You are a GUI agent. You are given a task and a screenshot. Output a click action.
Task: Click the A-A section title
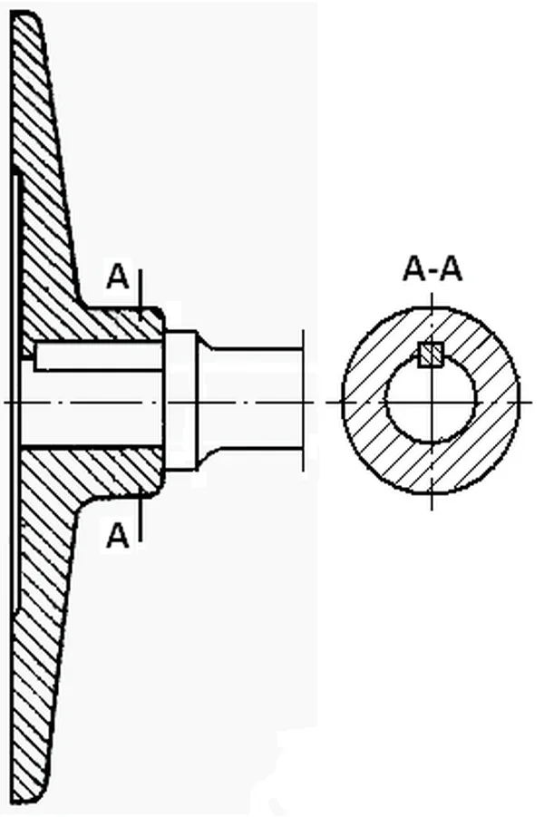pyautogui.click(x=432, y=270)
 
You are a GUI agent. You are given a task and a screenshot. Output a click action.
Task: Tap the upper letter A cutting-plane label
pyautogui.click(x=117, y=277)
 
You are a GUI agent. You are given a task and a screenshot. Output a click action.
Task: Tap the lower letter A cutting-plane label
pyautogui.click(x=117, y=535)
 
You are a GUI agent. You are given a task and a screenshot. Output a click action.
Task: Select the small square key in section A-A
pyautogui.click(x=431, y=355)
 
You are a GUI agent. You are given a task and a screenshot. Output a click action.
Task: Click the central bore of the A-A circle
pyautogui.click(x=431, y=400)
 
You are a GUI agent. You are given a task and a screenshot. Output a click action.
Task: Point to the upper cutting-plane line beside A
pyautogui.click(x=141, y=295)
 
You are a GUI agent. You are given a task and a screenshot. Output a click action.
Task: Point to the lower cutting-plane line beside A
pyautogui.click(x=141, y=516)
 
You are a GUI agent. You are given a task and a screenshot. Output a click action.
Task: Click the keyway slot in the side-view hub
pyautogui.click(x=98, y=355)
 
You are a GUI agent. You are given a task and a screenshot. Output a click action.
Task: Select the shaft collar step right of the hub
pyautogui.click(x=180, y=401)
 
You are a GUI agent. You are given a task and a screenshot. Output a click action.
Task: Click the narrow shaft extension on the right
pyautogui.click(x=251, y=401)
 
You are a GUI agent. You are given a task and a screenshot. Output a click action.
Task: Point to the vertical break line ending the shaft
pyautogui.click(x=303, y=400)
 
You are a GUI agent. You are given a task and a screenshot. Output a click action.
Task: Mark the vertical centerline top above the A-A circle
pyautogui.click(x=432, y=294)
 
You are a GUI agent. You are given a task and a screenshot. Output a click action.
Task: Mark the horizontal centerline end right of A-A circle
pyautogui.click(x=531, y=402)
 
